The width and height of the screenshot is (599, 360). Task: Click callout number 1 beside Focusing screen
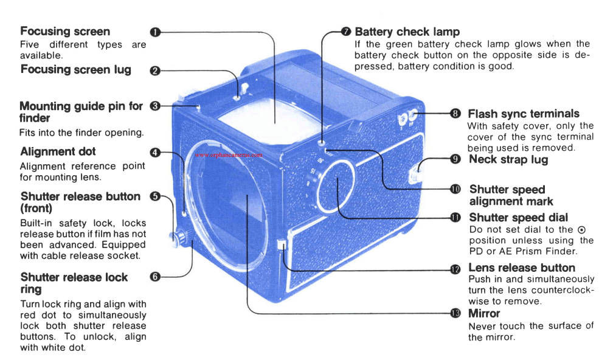[x=155, y=32]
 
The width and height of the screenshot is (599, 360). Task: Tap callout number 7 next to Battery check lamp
[x=346, y=32]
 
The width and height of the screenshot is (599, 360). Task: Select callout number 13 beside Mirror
[x=455, y=313]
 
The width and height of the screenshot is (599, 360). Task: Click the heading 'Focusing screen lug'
[x=75, y=70]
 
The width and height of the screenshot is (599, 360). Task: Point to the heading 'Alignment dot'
[x=58, y=151]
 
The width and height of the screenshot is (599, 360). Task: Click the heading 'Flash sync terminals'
[x=523, y=114]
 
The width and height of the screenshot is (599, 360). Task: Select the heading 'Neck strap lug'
[x=508, y=159]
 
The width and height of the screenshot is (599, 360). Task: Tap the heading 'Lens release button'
[x=521, y=268]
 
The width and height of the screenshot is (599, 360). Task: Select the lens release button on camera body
[x=280, y=246]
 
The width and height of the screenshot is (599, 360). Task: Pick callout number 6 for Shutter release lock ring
[x=155, y=277]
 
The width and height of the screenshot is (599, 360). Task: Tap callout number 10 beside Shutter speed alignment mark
[x=455, y=189]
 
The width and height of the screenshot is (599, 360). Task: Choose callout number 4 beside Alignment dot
[x=155, y=152]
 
